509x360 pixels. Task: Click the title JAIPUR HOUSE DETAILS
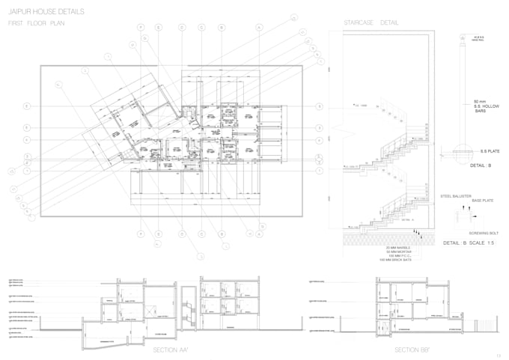pyautogui.click(x=46, y=13)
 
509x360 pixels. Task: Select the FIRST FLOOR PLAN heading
pyautogui.click(x=37, y=25)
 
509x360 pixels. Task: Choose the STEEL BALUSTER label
pyautogui.click(x=454, y=195)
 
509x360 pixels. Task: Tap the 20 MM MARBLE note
pyautogui.click(x=397, y=247)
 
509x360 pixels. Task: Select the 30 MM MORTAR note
pyautogui.click(x=397, y=251)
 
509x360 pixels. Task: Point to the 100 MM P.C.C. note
pyautogui.click(x=397, y=256)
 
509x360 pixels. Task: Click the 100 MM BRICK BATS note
pyautogui.click(x=397, y=260)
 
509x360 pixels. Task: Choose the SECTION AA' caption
pyautogui.click(x=171, y=350)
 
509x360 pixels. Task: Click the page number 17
pyautogui.click(x=497, y=354)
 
